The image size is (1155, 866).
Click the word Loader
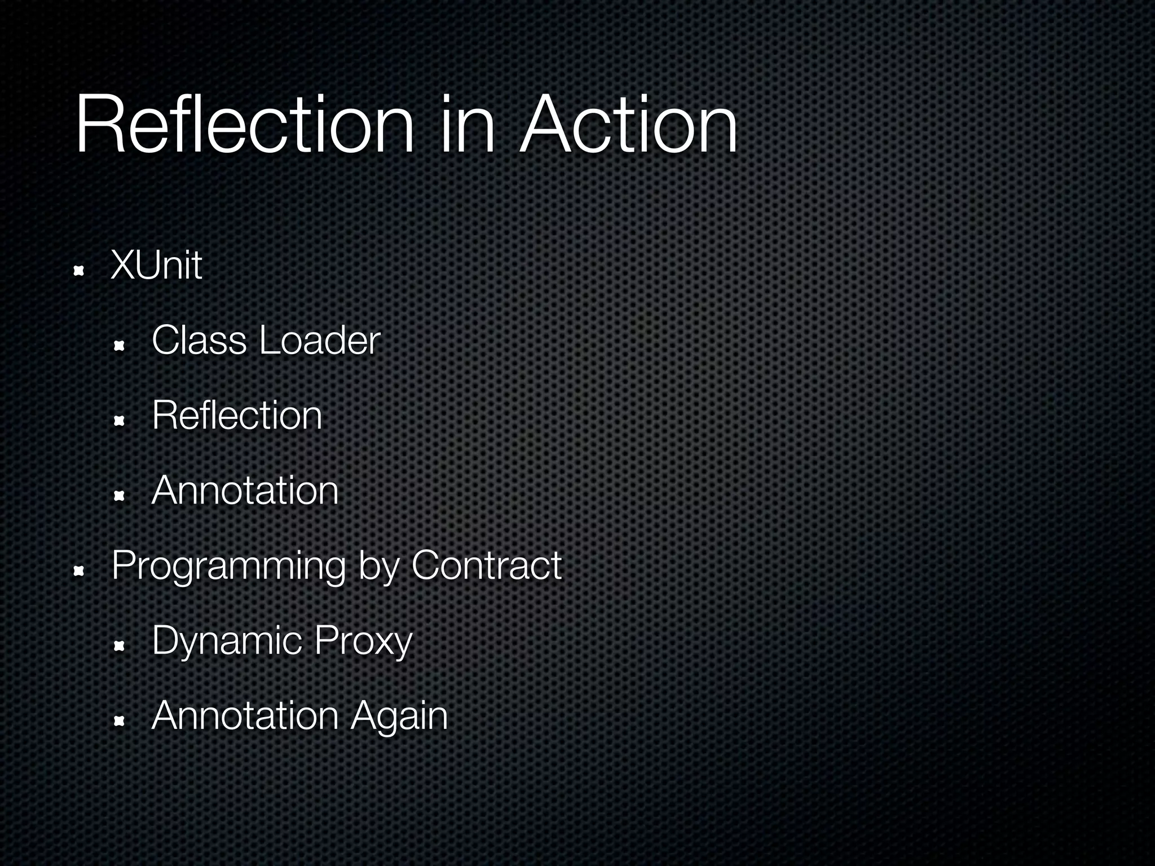pos(320,341)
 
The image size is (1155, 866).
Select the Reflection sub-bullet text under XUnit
pos(237,416)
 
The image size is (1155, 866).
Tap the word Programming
pos(229,566)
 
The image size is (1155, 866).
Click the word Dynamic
pos(228,642)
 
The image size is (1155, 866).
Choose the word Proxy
pos(364,642)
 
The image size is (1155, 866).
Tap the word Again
pos(399,716)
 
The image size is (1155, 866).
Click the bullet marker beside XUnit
pos(78,271)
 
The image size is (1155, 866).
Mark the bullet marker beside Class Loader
pos(119,346)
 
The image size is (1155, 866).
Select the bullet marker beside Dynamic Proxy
pos(119,646)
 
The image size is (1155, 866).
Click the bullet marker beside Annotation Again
pos(119,721)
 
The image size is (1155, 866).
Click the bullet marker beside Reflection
pos(119,421)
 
